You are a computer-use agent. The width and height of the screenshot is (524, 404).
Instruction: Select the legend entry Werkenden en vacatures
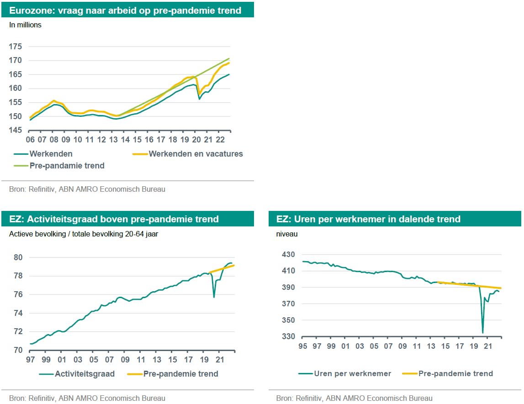coord(196,154)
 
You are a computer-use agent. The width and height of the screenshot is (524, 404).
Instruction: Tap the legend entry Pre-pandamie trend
coord(67,166)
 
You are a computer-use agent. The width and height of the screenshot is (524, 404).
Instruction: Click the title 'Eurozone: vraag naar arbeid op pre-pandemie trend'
coord(125,10)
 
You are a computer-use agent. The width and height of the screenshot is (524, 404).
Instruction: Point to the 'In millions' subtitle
coord(25,25)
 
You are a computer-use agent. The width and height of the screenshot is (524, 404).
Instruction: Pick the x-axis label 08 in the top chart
coord(54,140)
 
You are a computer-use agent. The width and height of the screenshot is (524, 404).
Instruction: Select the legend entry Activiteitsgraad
coord(85,374)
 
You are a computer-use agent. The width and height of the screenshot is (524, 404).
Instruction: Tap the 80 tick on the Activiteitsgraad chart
coord(18,257)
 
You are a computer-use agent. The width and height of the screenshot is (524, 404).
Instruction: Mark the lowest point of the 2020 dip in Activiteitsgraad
coord(214,297)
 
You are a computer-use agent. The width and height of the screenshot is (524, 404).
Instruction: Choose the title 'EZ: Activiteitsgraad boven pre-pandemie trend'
coord(114,219)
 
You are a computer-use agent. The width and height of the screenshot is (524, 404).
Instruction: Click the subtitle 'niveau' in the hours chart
coord(287,234)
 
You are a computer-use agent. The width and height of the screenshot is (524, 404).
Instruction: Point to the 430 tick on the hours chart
coord(289,254)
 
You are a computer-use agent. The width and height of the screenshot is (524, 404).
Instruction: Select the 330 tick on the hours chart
coord(289,337)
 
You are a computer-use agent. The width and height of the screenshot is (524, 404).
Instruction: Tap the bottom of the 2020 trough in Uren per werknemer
coord(482,333)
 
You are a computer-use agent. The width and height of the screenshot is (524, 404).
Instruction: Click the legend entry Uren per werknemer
coord(352,373)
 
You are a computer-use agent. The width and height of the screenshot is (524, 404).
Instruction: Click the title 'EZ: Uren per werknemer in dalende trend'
coord(368,219)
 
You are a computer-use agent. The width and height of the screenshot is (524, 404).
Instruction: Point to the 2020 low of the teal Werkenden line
coord(199,99)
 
